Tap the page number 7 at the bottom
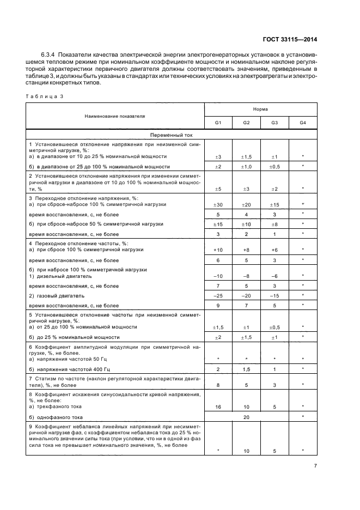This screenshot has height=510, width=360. click(x=315, y=466)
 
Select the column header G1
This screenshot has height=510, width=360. click(x=218, y=123)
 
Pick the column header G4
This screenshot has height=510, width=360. click(x=303, y=123)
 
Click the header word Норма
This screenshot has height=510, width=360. click(x=260, y=109)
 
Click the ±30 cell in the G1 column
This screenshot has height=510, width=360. click(x=218, y=204)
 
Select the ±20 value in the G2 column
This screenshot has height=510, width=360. click(x=246, y=204)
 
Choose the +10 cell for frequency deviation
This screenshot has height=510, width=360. click(x=218, y=250)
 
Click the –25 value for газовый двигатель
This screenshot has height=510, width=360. click(x=218, y=295)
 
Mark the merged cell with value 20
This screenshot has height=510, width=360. click(x=246, y=416)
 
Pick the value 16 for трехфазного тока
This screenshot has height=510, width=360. click(x=218, y=406)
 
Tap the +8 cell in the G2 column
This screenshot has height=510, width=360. click(x=246, y=250)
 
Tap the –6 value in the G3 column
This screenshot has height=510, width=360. click(x=274, y=276)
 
